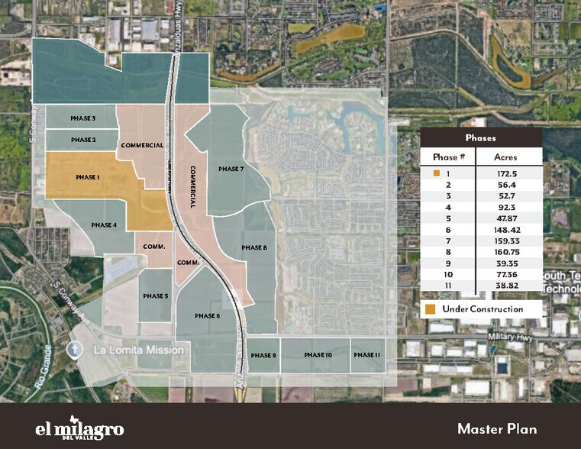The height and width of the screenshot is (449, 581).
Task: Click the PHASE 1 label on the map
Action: pos(89,177)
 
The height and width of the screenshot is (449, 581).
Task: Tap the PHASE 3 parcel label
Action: pos(83,119)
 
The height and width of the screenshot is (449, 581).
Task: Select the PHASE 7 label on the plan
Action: pos(231,169)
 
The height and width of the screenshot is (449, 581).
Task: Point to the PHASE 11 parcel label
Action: pos(367,355)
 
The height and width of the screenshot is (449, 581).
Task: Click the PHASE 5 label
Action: pos(155,296)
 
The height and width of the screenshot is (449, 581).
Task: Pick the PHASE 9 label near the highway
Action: pos(263,355)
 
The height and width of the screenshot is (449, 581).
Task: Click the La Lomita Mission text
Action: pos(138,350)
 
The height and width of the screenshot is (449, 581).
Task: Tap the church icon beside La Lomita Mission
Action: pos(74,350)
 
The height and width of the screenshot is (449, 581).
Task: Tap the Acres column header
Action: pos(505,157)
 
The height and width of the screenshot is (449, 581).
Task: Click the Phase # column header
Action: pos(449,157)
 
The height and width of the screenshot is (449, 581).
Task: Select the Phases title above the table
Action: pos(481,138)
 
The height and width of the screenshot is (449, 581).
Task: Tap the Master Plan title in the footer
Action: pos(500,428)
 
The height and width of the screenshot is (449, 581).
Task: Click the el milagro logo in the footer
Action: pos(79,428)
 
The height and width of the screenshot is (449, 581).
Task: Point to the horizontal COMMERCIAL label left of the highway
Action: pos(142,145)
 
